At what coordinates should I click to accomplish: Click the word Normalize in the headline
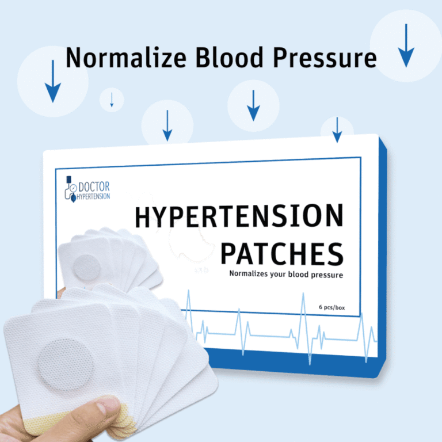click(126, 58)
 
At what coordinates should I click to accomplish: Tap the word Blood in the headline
click(230, 58)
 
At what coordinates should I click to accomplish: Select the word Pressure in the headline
click(325, 58)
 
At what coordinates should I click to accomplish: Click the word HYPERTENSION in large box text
click(239, 216)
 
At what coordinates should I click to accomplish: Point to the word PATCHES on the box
click(282, 254)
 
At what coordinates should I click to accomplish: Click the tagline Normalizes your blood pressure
click(286, 274)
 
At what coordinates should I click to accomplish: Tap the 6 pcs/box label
click(331, 307)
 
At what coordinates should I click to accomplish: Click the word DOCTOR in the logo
click(94, 187)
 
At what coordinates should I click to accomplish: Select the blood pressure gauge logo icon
click(71, 189)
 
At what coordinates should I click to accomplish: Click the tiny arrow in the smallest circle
click(112, 100)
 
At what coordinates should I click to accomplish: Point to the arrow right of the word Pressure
click(406, 45)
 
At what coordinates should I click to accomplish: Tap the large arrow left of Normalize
click(53, 81)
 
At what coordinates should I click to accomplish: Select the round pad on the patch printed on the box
click(86, 268)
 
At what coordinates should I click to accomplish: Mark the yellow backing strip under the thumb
click(42, 420)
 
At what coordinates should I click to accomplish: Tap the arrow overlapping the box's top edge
click(337, 130)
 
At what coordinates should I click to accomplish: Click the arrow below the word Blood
click(253, 105)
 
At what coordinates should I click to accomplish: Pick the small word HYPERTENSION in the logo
click(93, 196)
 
